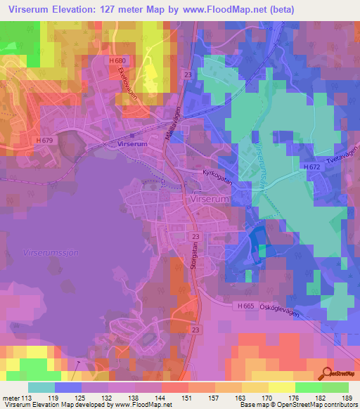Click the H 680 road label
point(117,62)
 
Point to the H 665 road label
point(245,306)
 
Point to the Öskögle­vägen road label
point(279,312)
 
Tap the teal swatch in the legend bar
point(41,387)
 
